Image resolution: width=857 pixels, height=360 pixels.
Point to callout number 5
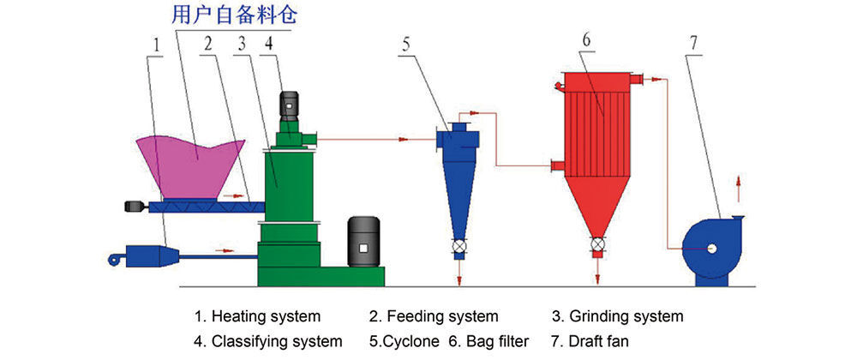pyautogui.click(x=406, y=47)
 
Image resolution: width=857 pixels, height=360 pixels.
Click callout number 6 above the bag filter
pyautogui.click(x=585, y=39)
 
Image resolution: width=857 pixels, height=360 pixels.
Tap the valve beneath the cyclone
pyautogui.click(x=460, y=251)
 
